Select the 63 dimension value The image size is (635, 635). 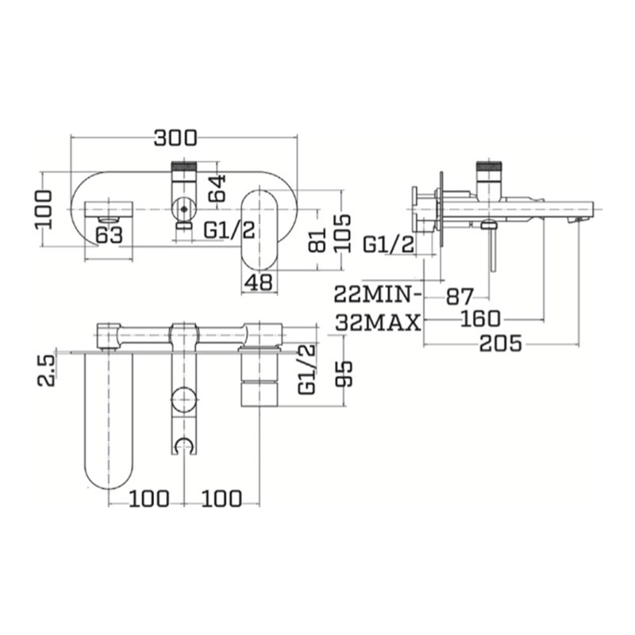108,234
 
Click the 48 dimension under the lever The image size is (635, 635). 259,281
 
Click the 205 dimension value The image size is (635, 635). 501,344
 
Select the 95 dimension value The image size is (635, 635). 343,371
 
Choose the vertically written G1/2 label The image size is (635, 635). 306,369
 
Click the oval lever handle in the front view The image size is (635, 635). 260,227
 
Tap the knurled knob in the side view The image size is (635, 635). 487,168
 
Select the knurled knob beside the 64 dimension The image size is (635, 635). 184,170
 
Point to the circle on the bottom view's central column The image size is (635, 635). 184,399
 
